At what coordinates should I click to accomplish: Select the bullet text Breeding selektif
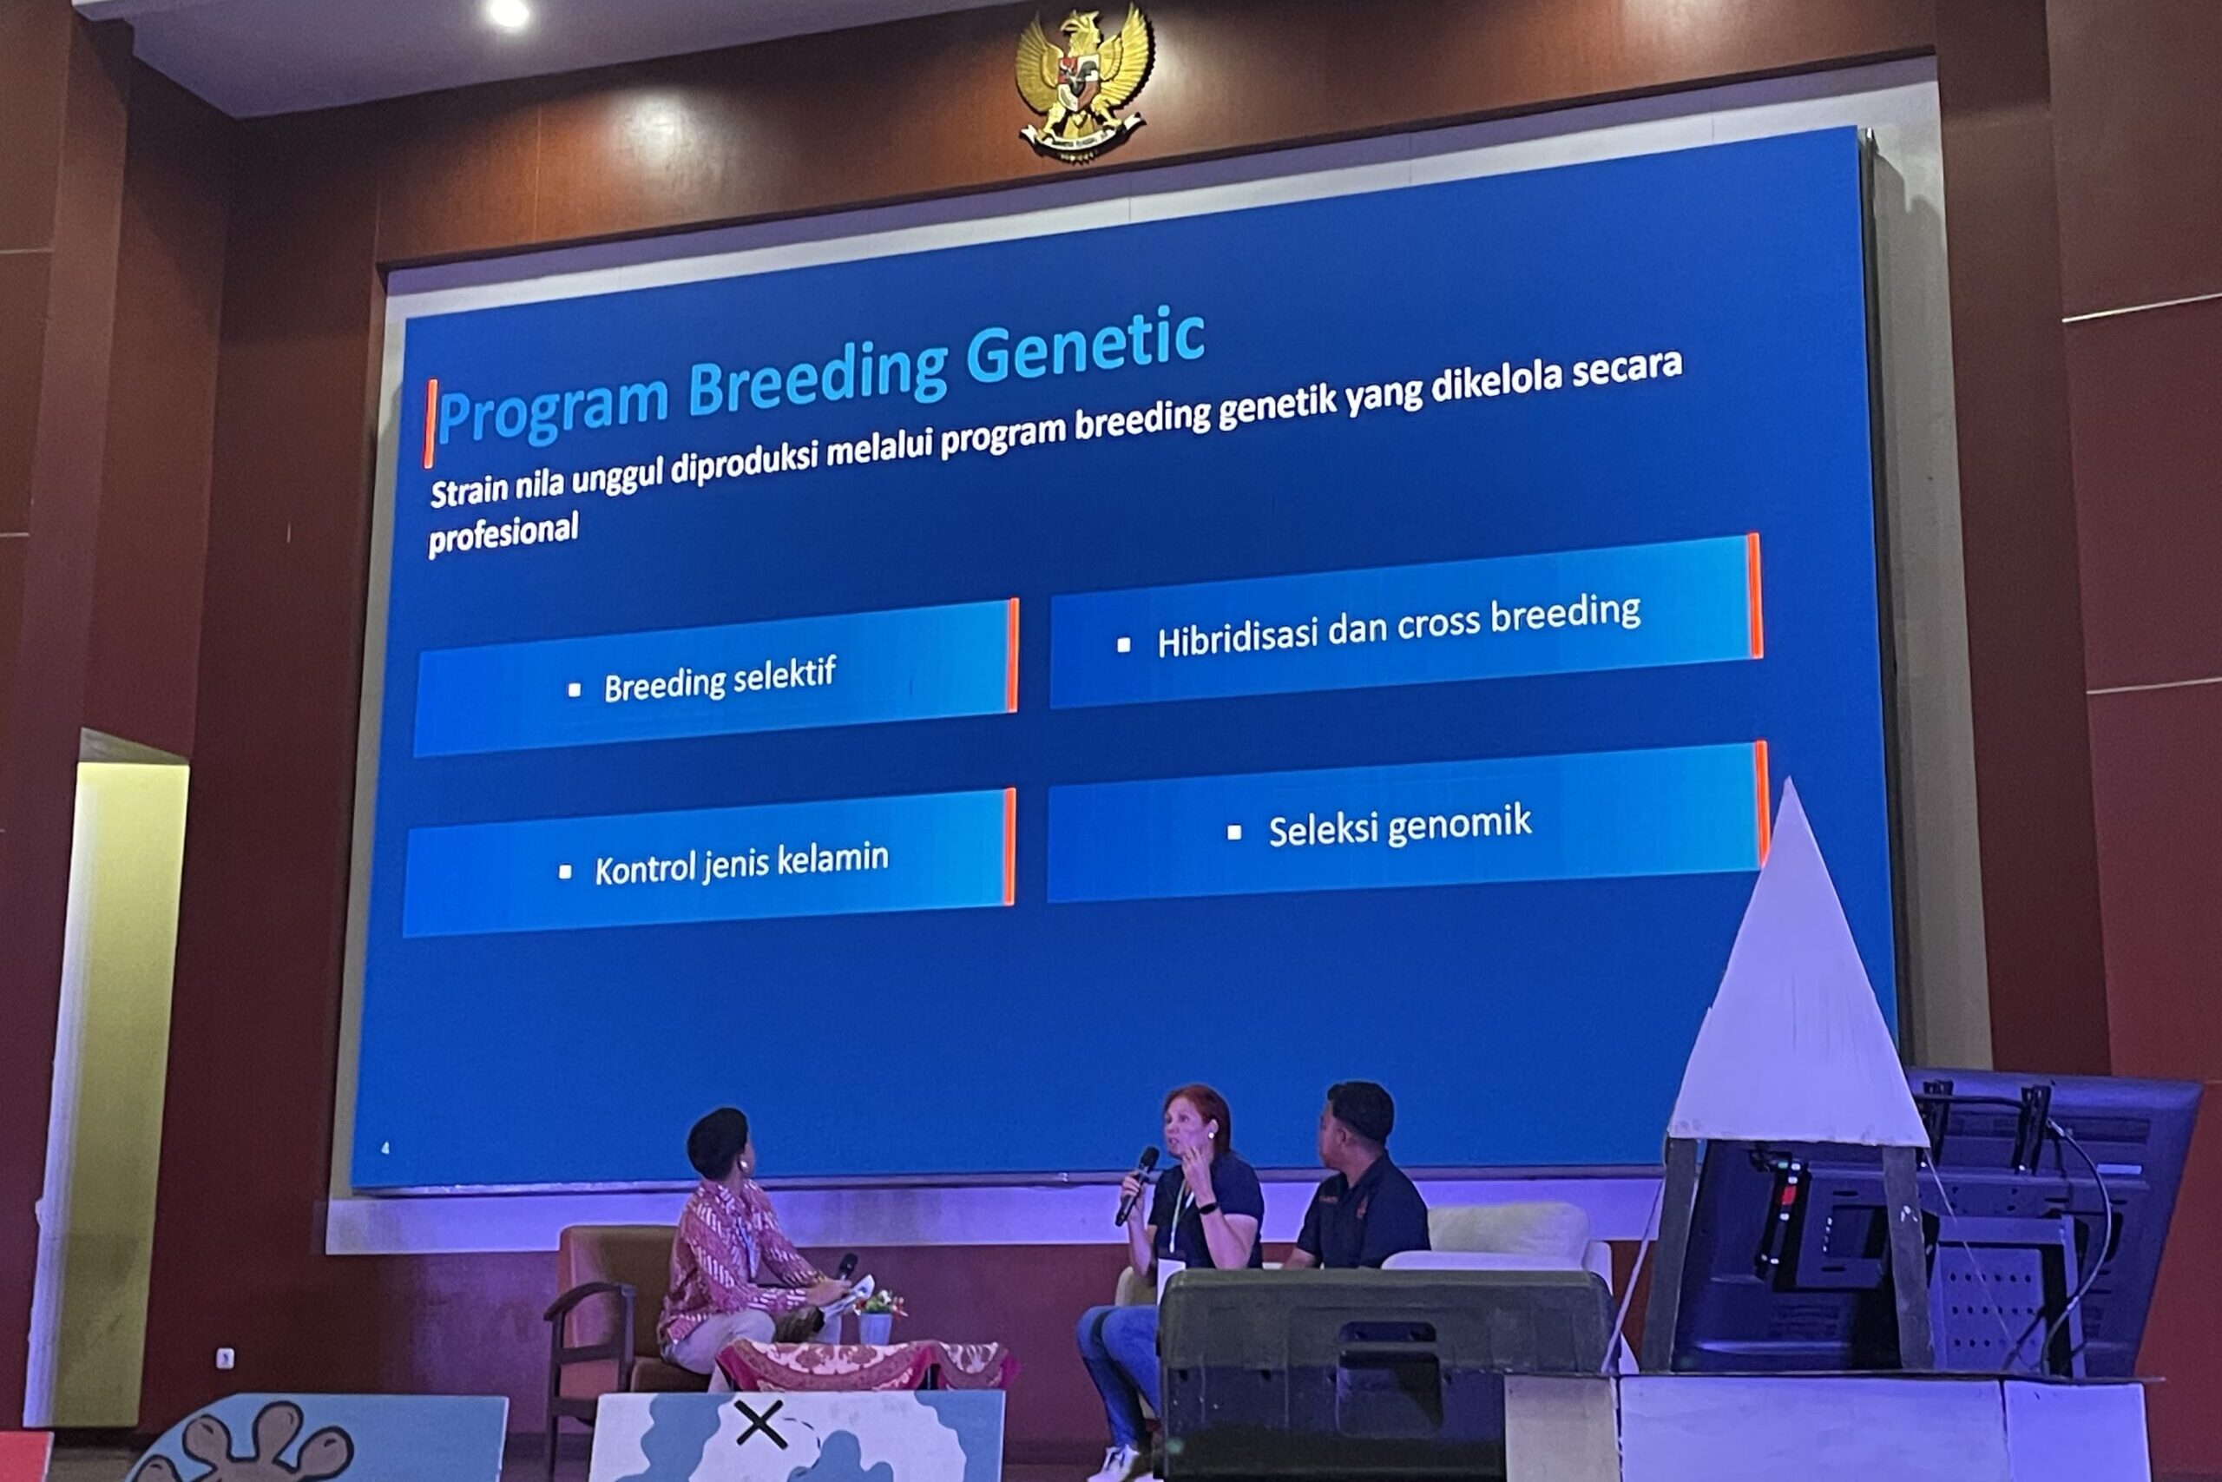[720, 680]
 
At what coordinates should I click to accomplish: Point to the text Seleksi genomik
[1399, 826]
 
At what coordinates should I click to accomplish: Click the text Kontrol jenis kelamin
[741, 863]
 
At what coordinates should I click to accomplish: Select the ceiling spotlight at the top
[509, 12]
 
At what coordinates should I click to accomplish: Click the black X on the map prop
[760, 1424]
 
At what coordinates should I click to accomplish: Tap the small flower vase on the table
[876, 1318]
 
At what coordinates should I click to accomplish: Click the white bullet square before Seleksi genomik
[1233, 833]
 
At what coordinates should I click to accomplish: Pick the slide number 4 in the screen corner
[385, 1149]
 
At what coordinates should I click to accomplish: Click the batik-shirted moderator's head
[718, 1144]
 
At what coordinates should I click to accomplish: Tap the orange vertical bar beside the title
[430, 424]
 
